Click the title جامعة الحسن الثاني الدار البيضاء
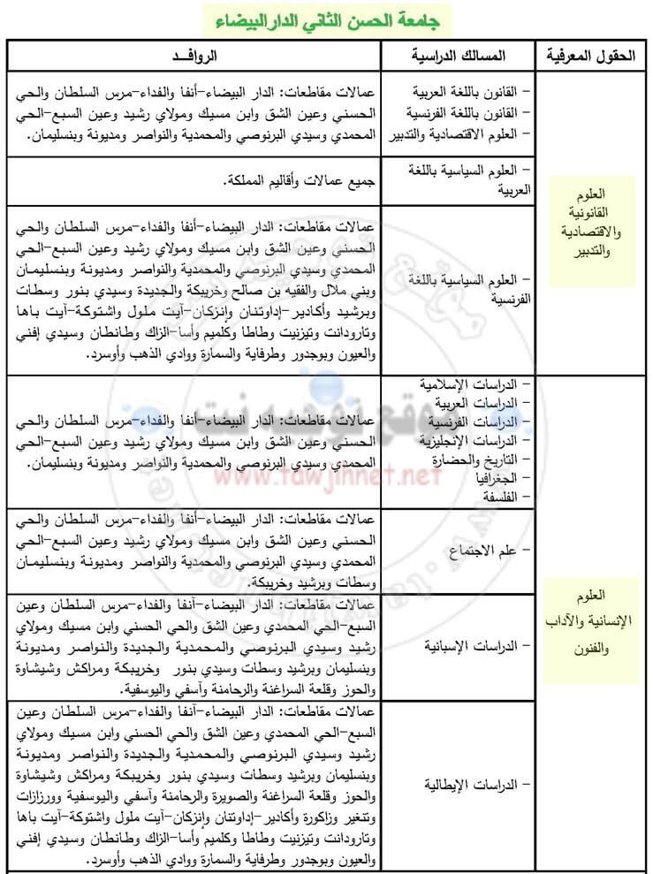[326, 19]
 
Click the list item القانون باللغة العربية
[468, 92]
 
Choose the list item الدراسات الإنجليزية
[472, 439]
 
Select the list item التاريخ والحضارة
[477, 458]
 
